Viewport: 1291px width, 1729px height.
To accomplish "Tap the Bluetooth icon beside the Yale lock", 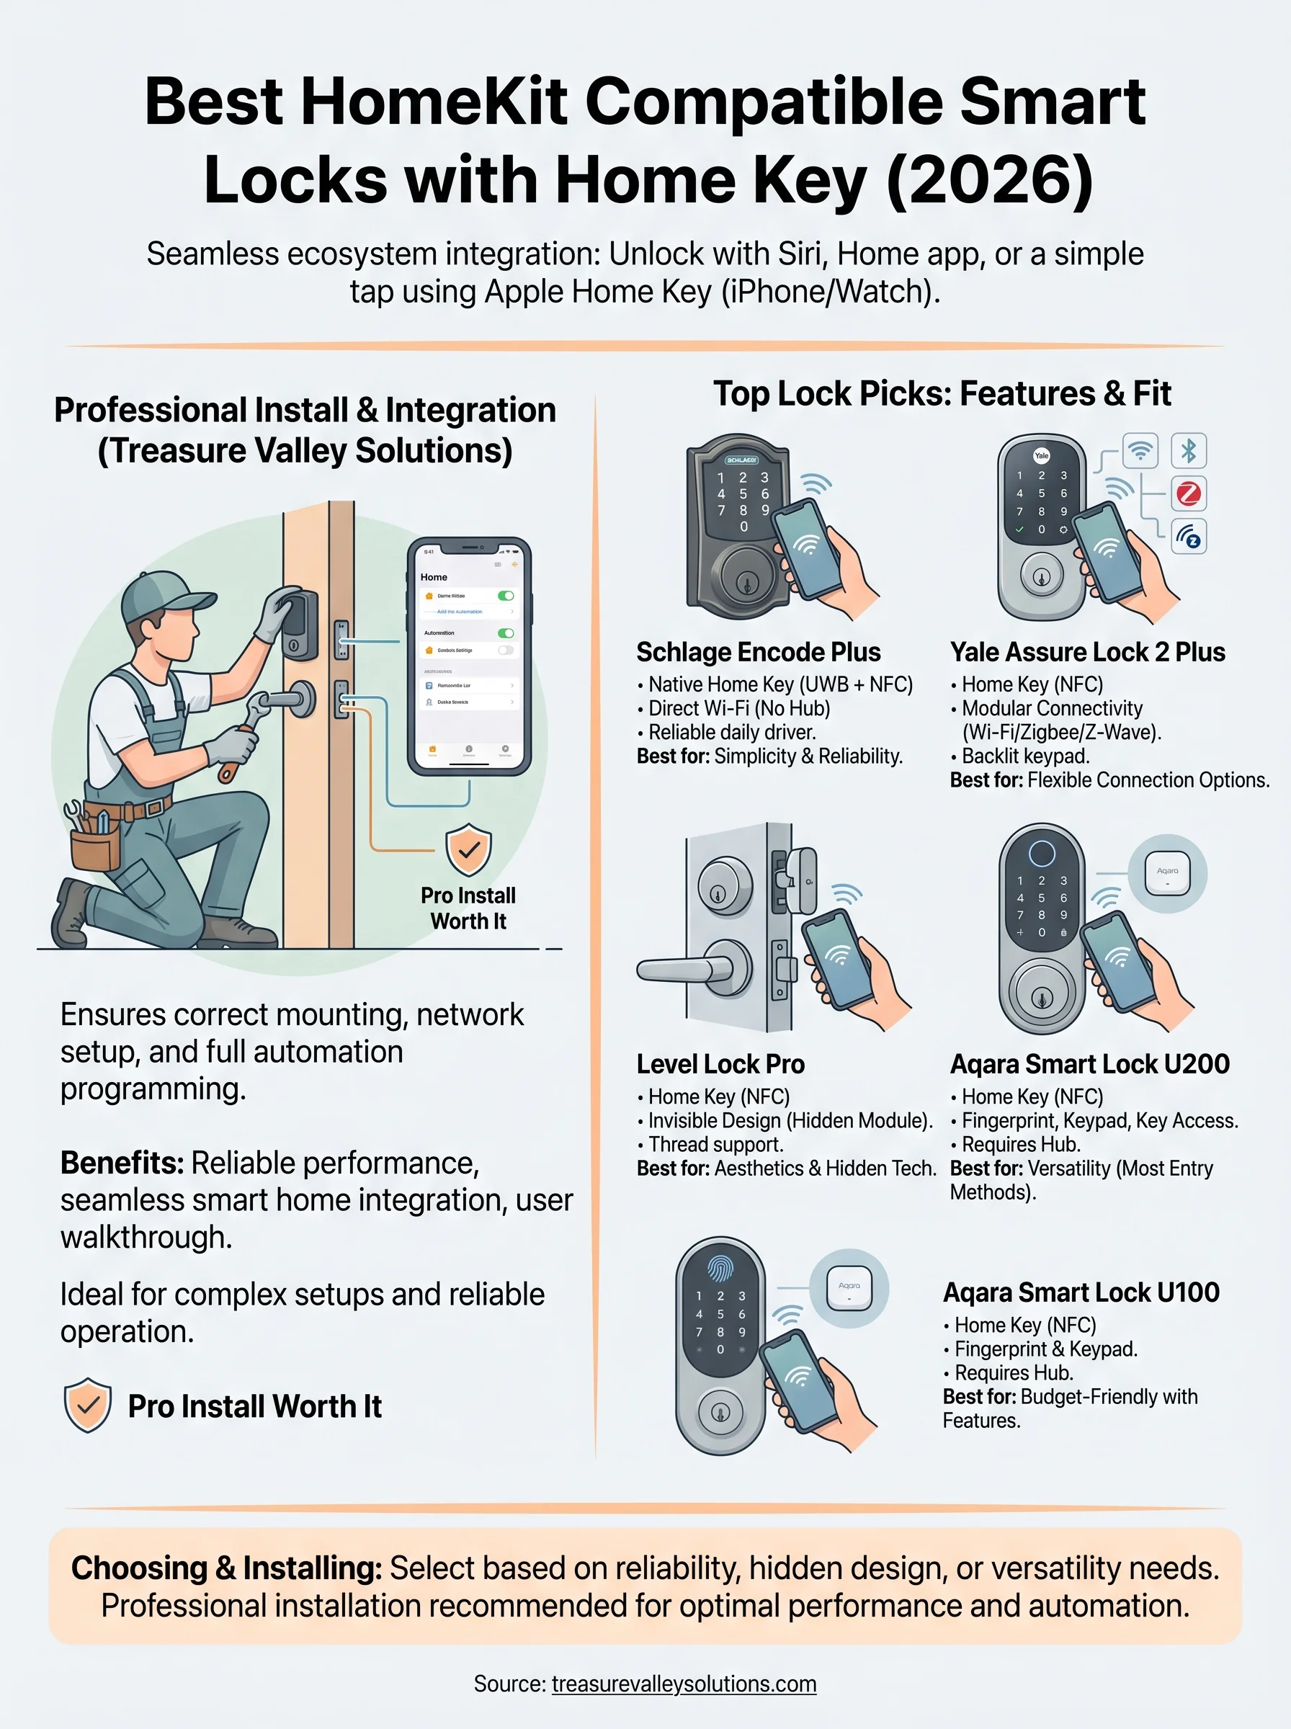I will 1188,451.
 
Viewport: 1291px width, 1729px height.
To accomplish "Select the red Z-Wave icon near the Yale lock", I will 1188,493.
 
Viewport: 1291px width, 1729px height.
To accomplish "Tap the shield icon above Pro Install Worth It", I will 468,850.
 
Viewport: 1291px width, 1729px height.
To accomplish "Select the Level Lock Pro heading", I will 720,1064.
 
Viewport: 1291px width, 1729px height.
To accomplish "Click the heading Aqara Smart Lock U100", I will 1081,1293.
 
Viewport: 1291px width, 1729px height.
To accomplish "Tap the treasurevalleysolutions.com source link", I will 684,1684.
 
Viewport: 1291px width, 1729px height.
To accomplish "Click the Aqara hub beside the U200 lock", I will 1167,872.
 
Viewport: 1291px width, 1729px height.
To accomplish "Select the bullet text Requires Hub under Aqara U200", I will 1021,1145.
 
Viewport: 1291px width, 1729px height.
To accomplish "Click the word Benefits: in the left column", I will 122,1163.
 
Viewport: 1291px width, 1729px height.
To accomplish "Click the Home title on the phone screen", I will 434,577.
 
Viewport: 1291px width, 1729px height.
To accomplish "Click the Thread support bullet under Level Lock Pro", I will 715,1145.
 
